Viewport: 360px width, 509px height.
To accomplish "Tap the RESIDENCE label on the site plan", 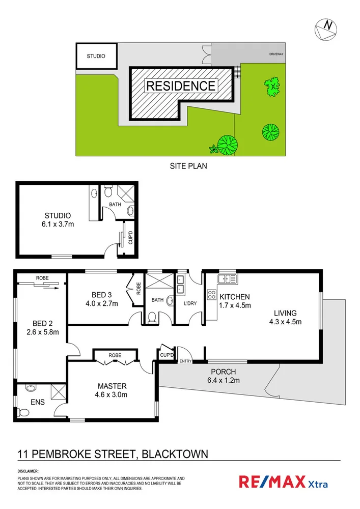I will point(181,86).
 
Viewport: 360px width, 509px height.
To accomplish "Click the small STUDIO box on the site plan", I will point(96,56).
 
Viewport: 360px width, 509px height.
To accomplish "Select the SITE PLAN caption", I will point(188,166).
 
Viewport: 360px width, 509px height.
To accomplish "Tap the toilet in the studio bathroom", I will point(107,192).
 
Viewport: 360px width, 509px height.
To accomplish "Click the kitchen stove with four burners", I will point(212,295).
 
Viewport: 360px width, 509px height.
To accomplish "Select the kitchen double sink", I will point(227,278).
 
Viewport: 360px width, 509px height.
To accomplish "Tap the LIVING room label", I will point(285,313).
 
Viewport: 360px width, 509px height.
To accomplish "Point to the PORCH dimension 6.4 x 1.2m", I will point(223,380).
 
